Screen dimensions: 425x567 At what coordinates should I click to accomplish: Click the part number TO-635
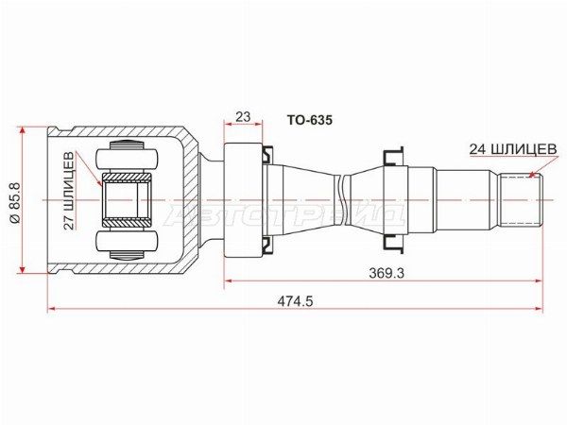click(309, 121)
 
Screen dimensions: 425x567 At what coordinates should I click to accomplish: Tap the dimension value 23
click(242, 118)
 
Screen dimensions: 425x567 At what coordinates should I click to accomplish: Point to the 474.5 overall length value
click(295, 300)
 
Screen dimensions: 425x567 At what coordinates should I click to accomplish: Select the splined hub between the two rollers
click(126, 199)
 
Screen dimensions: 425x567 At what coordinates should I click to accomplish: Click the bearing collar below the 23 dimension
click(242, 199)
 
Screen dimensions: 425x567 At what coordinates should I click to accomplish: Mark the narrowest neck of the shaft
click(339, 199)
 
